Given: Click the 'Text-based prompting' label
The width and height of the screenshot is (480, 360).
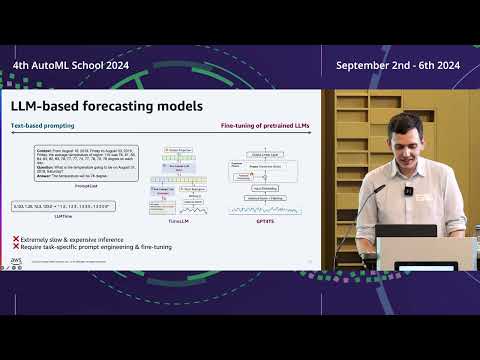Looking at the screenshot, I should (x=40, y=127).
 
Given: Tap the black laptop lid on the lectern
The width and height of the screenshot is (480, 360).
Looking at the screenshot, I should (x=407, y=230).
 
